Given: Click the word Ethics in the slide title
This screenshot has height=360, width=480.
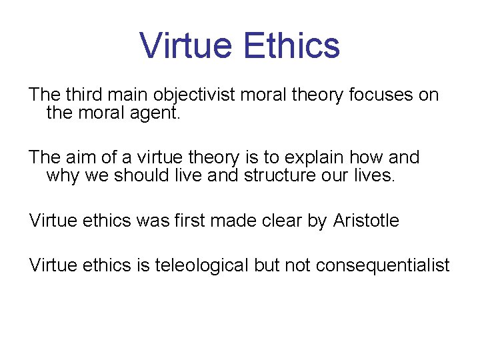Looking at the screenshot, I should tap(291, 45).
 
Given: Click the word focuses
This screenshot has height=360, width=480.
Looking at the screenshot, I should tap(381, 95).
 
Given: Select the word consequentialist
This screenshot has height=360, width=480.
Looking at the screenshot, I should tap(383, 265).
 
